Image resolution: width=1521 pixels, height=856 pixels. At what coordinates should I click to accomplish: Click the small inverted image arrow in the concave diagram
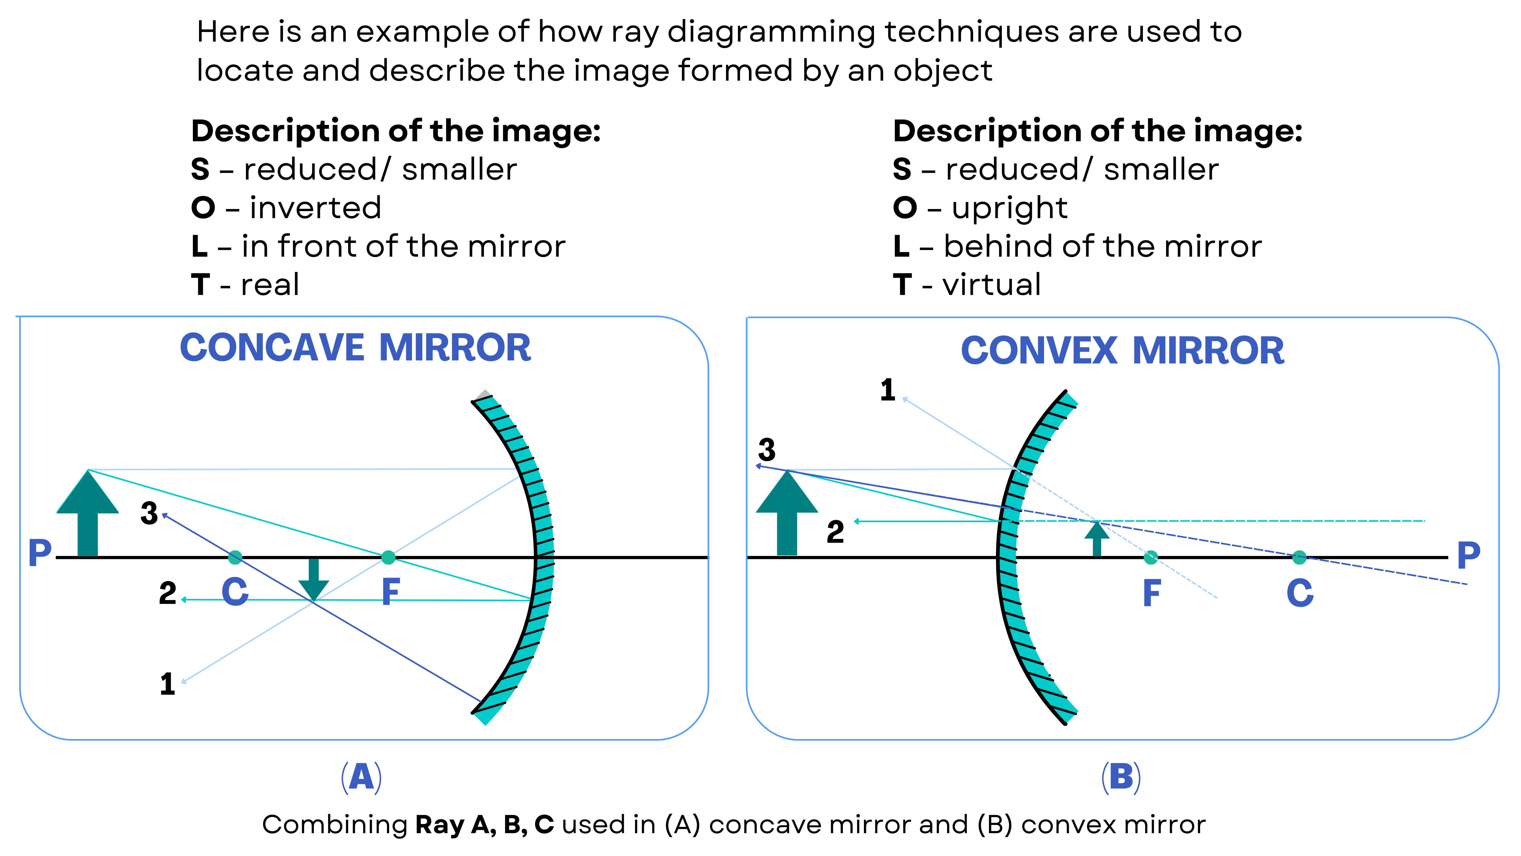(x=314, y=579)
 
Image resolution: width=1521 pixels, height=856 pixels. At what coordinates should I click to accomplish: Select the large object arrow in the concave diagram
(x=87, y=514)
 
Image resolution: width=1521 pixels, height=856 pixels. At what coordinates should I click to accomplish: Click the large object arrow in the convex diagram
(x=787, y=514)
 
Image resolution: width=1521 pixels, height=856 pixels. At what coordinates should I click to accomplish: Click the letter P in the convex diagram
(x=1469, y=555)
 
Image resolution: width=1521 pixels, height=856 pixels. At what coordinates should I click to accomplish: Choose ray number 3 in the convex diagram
(x=766, y=450)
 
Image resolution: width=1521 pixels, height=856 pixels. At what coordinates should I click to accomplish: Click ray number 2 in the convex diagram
(x=835, y=532)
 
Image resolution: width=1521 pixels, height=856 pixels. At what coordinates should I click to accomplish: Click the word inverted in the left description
(x=315, y=208)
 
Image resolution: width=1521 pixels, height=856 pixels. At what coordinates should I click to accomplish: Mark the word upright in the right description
(x=1009, y=208)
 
